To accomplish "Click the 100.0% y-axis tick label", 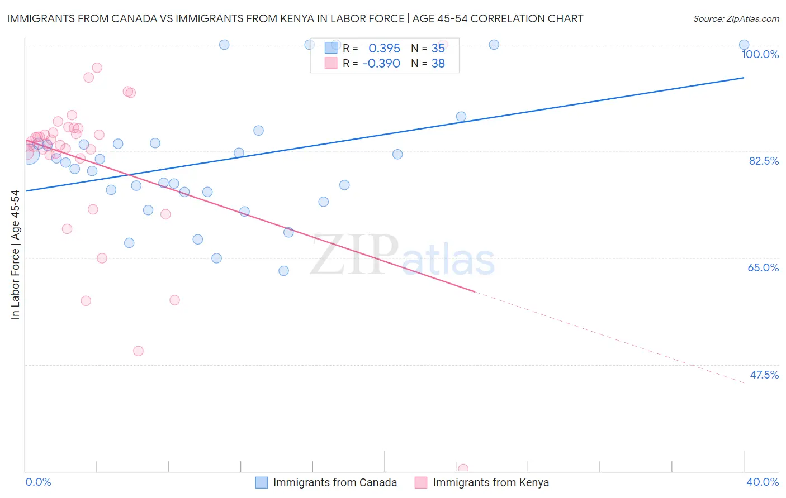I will pyautogui.click(x=760, y=54).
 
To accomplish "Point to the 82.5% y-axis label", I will pyautogui.click(x=763, y=161).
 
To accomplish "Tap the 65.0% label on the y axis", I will pyautogui.click(x=763, y=267).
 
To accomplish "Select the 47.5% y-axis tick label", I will pyautogui.click(x=764, y=375).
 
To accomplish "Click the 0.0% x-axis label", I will pyautogui.click(x=39, y=482).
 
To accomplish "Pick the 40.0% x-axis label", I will pyautogui.click(x=763, y=482).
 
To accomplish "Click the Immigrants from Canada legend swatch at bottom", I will pyautogui.click(x=262, y=482).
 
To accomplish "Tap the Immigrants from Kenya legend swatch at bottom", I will pyautogui.click(x=421, y=482).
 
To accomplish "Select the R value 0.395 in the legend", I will pyautogui.click(x=384, y=49).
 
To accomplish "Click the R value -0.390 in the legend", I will pyautogui.click(x=381, y=64).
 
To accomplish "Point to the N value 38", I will pyautogui.click(x=438, y=64).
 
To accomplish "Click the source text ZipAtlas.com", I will pyautogui.click(x=736, y=19).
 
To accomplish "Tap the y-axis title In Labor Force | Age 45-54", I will pyautogui.click(x=15, y=255).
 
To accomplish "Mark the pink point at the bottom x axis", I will pyautogui.click(x=463, y=469).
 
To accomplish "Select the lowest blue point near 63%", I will pyautogui.click(x=283, y=271).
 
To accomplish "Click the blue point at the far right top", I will pyautogui.click(x=744, y=45).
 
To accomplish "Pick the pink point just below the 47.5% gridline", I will pyautogui.click(x=138, y=351).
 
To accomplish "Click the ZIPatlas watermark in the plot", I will pyautogui.click(x=403, y=256).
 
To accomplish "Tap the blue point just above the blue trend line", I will pyautogui.click(x=461, y=117).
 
